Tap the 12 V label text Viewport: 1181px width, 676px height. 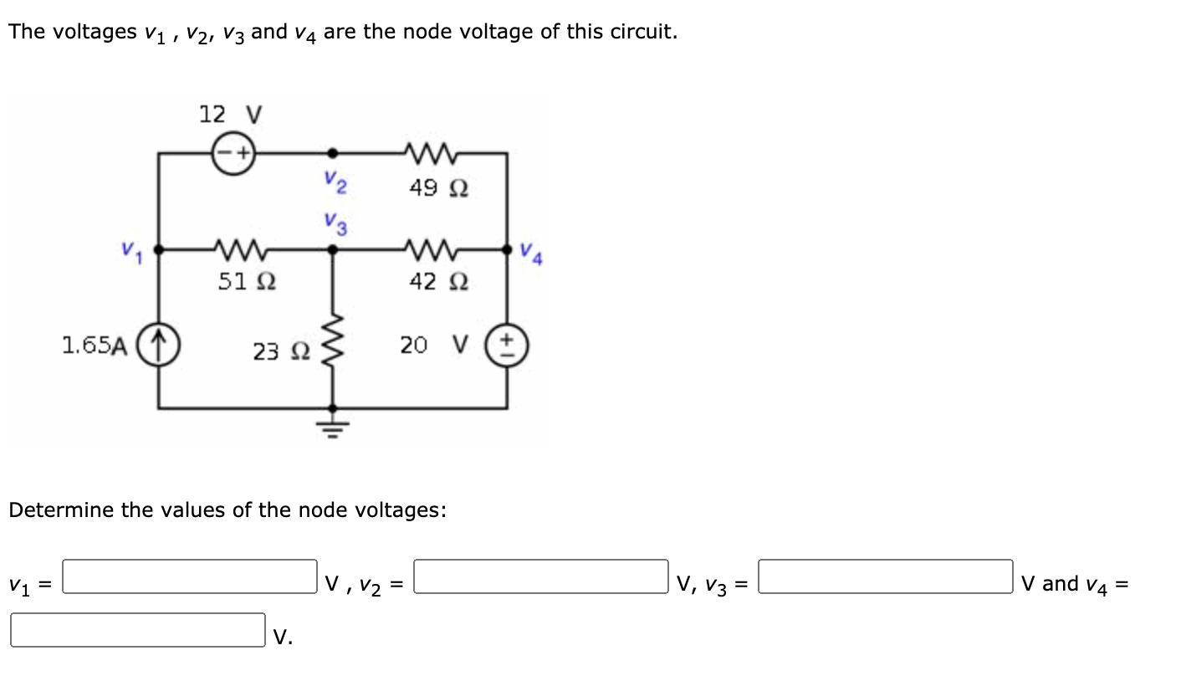(230, 114)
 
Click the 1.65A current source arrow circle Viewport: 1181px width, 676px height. (159, 344)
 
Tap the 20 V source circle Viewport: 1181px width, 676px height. (511, 344)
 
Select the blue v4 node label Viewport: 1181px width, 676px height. (530, 252)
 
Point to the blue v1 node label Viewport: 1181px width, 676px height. (131, 248)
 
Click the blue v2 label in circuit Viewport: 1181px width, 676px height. (336, 180)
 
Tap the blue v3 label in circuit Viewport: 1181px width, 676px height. (336, 222)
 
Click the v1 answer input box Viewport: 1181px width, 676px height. (190, 576)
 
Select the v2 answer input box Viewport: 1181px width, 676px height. (541, 576)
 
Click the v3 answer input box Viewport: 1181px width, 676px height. (885, 576)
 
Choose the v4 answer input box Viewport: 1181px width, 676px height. (138, 630)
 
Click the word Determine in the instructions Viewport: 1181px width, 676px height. (61, 510)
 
